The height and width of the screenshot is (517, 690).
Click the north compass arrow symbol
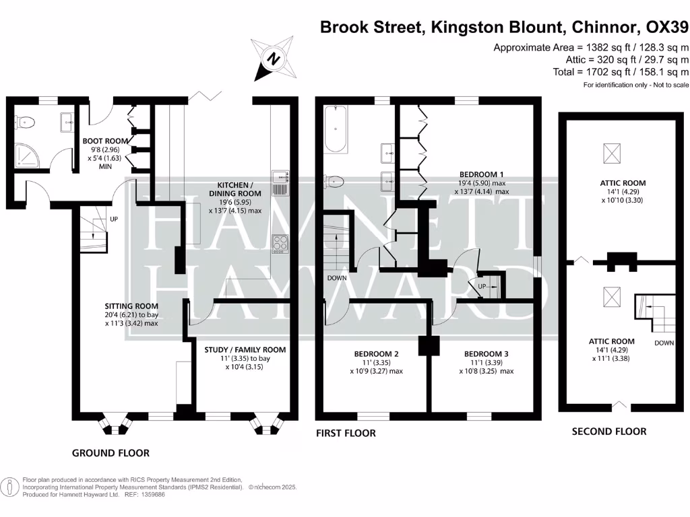click(272, 59)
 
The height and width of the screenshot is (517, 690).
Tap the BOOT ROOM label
click(105, 141)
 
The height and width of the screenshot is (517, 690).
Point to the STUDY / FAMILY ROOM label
click(245, 349)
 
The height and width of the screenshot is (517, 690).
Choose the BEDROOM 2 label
click(377, 353)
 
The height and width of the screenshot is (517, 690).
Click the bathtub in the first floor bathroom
click(334, 129)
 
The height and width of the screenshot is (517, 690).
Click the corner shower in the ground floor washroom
click(25, 158)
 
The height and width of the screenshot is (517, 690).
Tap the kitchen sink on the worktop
click(280, 178)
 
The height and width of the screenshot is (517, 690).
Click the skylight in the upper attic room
click(610, 153)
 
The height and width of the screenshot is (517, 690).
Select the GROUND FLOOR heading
click(111, 453)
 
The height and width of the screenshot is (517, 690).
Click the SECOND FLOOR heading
click(608, 432)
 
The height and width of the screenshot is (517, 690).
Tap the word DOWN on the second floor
click(664, 343)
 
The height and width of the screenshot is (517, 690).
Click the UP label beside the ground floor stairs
click(113, 219)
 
